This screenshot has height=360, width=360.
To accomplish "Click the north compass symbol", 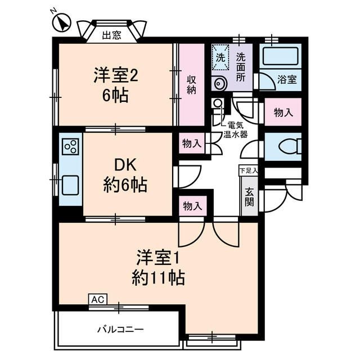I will pos(61,22).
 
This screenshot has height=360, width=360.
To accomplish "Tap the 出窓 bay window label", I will pos(111,35).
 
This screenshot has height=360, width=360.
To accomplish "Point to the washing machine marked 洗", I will pos(221,57).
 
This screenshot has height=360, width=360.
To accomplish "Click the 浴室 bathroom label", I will pos(287,80).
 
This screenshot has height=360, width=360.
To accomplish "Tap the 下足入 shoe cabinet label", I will pos(248,170).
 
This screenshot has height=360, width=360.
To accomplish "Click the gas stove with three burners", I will pos(70,147).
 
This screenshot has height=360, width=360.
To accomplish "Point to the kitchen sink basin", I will pos(70,184).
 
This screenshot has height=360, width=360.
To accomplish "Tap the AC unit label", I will pos(97,300).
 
